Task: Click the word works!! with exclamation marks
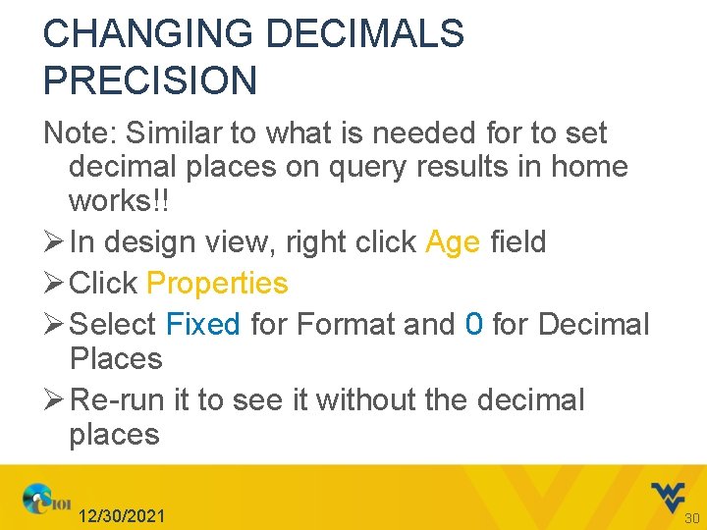click(x=118, y=201)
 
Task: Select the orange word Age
click(x=453, y=242)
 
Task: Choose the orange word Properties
click(x=217, y=284)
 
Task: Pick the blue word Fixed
click(x=203, y=324)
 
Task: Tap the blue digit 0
click(x=474, y=324)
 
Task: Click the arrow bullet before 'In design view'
click(x=54, y=242)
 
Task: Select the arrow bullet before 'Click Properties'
click(x=54, y=284)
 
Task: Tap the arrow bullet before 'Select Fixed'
click(x=54, y=324)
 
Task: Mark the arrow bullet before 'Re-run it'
click(x=54, y=399)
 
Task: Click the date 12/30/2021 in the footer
click(x=123, y=516)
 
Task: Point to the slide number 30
click(x=690, y=517)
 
